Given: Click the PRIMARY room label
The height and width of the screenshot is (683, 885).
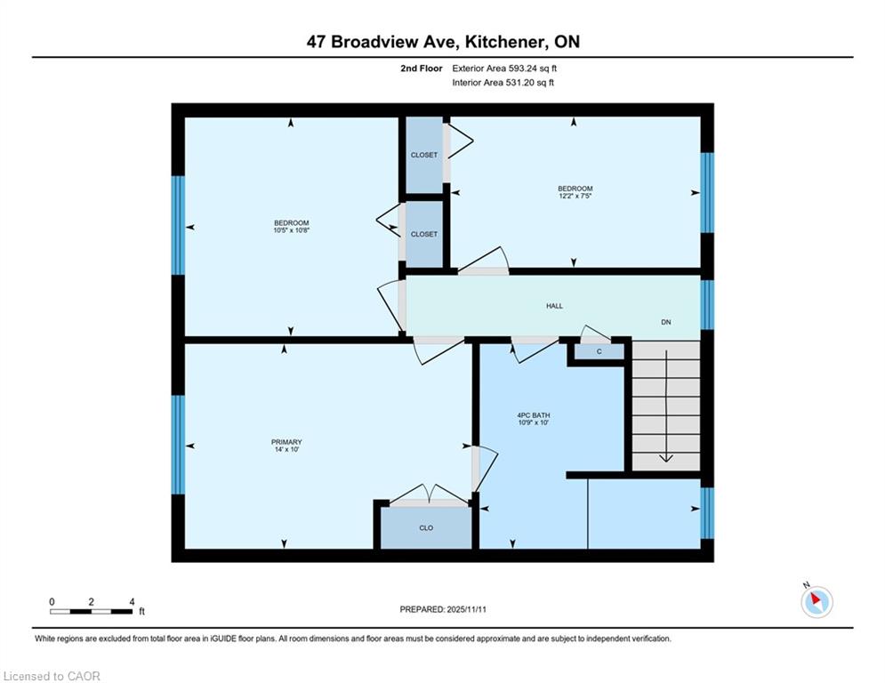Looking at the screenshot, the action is coord(286,442).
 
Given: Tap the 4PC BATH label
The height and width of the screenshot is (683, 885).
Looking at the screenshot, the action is coord(534,415).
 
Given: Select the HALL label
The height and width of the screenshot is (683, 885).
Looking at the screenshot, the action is coord(554,306).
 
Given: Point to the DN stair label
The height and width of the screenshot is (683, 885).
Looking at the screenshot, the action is coord(666,322).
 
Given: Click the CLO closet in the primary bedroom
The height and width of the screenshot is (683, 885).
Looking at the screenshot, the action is coord(426,527).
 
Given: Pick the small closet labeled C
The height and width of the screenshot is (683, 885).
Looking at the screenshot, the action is coord(599,351).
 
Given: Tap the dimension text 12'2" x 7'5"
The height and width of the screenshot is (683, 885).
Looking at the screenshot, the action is coord(575,196).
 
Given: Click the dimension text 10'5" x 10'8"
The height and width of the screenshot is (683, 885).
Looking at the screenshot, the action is coord(292,230).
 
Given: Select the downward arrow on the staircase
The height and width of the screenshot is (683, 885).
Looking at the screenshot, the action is coord(666,406).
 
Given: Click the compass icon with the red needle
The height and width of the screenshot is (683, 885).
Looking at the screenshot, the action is coord(817,602).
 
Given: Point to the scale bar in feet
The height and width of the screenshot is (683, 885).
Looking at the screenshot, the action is coord(92,611).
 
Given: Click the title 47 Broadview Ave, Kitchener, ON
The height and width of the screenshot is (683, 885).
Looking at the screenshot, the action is coord(443,42).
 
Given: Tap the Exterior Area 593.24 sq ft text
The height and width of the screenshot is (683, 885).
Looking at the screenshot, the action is coord(504,68).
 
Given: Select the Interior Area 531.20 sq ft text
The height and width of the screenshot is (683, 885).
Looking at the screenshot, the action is coord(503,83).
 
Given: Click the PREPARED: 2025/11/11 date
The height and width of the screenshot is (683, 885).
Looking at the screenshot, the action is coord(443,609).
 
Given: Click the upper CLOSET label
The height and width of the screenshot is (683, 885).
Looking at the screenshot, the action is coord(424,155).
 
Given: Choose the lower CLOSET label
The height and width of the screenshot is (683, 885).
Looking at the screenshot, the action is coord(424,234).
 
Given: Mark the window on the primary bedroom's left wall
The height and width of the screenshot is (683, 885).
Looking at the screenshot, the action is coord(179,445).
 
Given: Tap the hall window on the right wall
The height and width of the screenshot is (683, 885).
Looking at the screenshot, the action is coord(707,305).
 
